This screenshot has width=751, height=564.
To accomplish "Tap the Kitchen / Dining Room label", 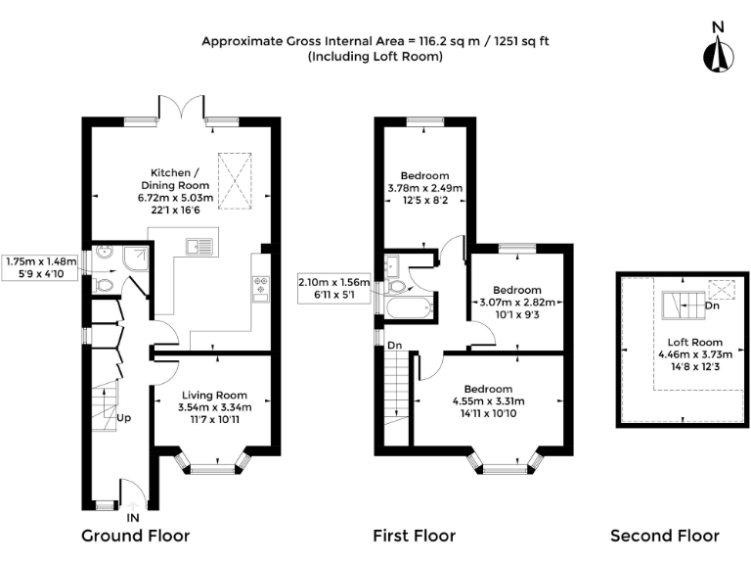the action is (175, 179).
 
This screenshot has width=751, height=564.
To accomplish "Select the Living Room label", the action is (214, 396).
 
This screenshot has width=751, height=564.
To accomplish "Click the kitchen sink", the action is (199, 247).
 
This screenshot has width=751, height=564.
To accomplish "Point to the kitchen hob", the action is (261, 285).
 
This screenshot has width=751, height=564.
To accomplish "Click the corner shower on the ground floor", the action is (135, 258).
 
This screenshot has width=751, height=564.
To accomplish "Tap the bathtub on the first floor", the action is (409, 308).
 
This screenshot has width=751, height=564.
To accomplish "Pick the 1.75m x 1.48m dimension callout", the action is (40, 267).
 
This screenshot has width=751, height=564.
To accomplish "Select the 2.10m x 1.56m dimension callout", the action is (333, 288).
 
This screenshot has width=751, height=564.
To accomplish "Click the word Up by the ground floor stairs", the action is (123, 418).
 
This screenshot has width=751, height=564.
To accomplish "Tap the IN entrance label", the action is (133, 517).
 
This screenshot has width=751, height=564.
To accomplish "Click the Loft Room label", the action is (695, 343).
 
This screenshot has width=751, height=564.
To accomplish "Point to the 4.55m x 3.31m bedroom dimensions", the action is (488, 400).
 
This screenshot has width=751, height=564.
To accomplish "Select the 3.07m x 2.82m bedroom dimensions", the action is (517, 303).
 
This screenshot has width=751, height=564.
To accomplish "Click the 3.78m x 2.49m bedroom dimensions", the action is (424, 188).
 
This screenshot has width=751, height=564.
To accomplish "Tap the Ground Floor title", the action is (136, 536).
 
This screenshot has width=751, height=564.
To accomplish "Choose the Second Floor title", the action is (665, 536).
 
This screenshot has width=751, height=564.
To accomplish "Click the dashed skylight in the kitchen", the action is (235, 181).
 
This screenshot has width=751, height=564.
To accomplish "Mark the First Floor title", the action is (415, 536).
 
